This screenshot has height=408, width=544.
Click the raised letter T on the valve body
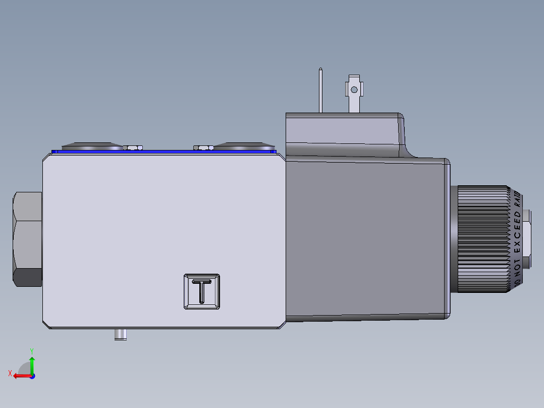tap(202, 291)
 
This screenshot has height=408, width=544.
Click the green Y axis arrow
tap(32, 364)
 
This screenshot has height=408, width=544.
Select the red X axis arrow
tap(20, 376)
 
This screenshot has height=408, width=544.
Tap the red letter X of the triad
tap(10, 373)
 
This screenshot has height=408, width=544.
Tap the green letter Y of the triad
tap(32, 350)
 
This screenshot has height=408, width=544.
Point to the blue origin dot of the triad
tap(32, 376)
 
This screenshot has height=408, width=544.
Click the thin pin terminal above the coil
tap(320, 91)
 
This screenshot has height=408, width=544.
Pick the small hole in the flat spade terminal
tap(354, 90)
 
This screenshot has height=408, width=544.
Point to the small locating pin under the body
tap(120, 334)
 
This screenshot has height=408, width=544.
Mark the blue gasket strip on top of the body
tap(167, 150)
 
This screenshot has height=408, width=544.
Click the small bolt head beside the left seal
tap(133, 147)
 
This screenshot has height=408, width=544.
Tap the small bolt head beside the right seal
tap(203, 147)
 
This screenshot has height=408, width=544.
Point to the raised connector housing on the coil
tap(343, 134)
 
